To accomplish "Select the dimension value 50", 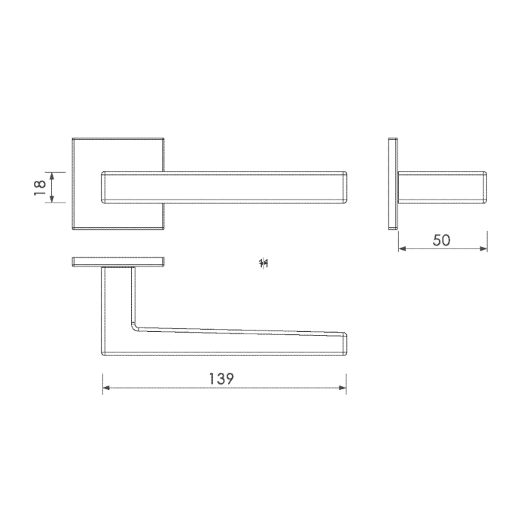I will point(442,240).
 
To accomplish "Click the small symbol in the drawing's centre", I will point(263,263).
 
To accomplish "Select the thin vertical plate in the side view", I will point(392,184).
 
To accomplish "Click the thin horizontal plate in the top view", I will point(118,262).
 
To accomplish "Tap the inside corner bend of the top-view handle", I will point(136,327).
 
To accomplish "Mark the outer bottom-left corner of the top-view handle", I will point(103,354).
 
